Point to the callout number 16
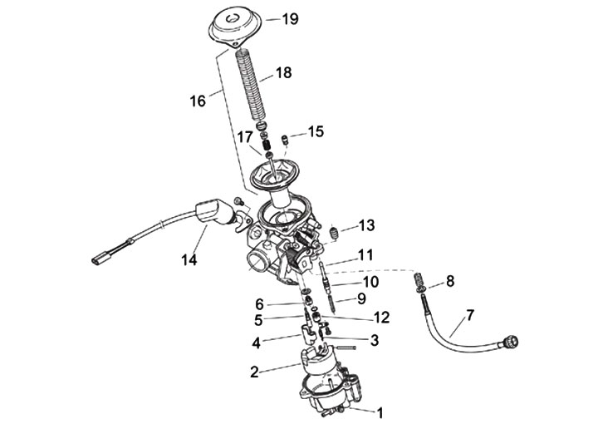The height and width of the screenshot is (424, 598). click(197, 101)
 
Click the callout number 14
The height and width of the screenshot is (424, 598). click(189, 260)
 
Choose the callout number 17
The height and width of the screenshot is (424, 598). click(245, 136)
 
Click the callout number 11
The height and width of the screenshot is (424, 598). click(366, 254)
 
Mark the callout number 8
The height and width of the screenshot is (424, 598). click(450, 281)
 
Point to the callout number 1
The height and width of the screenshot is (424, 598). click(380, 411)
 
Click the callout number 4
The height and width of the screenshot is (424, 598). click(257, 341)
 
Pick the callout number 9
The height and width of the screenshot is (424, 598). click(361, 298)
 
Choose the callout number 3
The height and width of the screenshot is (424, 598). click(375, 339)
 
